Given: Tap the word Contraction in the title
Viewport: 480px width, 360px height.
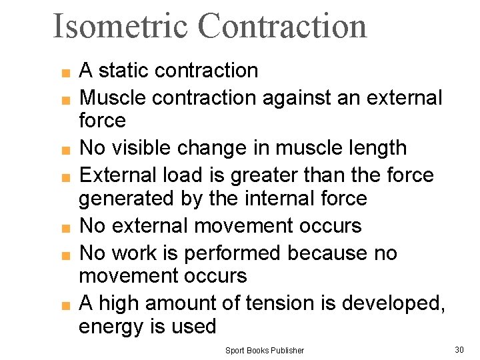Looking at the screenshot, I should (x=282, y=26).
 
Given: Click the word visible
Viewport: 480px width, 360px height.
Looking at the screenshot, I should (x=148, y=148).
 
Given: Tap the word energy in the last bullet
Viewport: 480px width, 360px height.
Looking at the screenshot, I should (x=113, y=327).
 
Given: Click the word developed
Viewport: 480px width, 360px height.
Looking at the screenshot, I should (x=391, y=303).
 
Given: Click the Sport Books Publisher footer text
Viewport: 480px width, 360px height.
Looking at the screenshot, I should (x=264, y=350).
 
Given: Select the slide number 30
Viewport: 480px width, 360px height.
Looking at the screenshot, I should (x=459, y=349).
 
